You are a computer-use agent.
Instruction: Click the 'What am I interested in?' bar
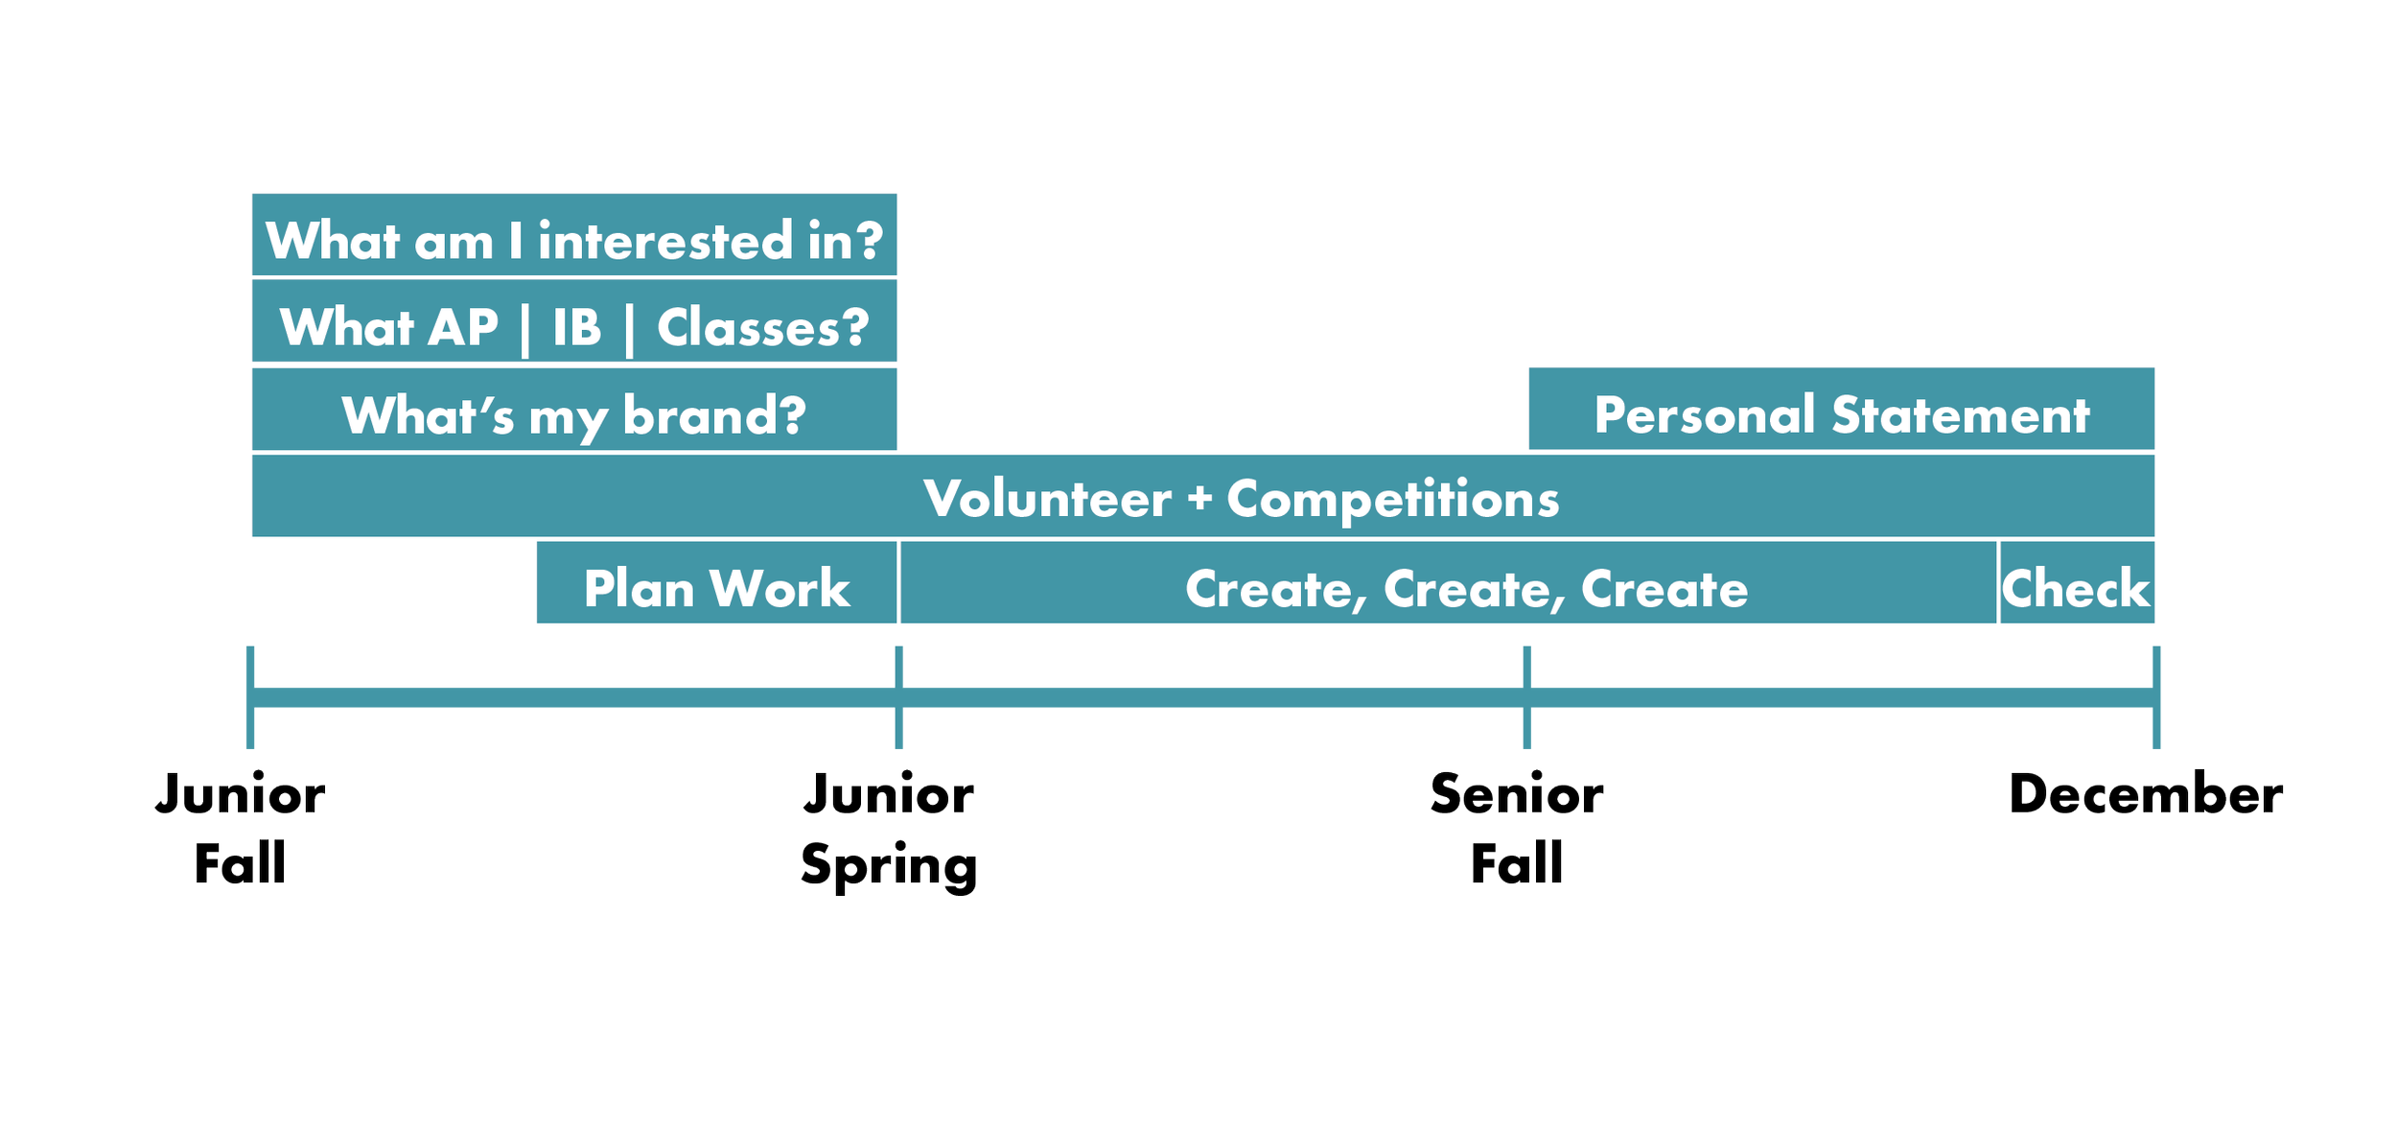[574, 235]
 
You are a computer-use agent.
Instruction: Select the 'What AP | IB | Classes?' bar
[574, 321]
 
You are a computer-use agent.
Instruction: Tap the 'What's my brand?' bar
[574, 409]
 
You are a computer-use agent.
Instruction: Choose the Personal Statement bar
[1842, 409]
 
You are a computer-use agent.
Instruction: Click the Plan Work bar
[717, 582]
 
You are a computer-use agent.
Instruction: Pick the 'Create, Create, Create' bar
[1449, 582]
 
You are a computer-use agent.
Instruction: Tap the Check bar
[2078, 582]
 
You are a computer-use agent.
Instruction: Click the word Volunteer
[1047, 499]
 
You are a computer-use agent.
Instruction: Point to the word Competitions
[1393, 500]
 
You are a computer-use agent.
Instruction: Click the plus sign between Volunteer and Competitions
[1199, 499]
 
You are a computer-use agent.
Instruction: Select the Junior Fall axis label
[241, 828]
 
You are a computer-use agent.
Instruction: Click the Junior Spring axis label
[889, 831]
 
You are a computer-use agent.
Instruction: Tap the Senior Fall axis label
[1517, 828]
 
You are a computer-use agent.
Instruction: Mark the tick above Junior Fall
[250, 697]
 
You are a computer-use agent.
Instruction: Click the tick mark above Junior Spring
[898, 697]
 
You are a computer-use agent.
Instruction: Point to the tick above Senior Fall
[1527, 697]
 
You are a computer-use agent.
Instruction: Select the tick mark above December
[2156, 697]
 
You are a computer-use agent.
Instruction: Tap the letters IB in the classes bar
[577, 327]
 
